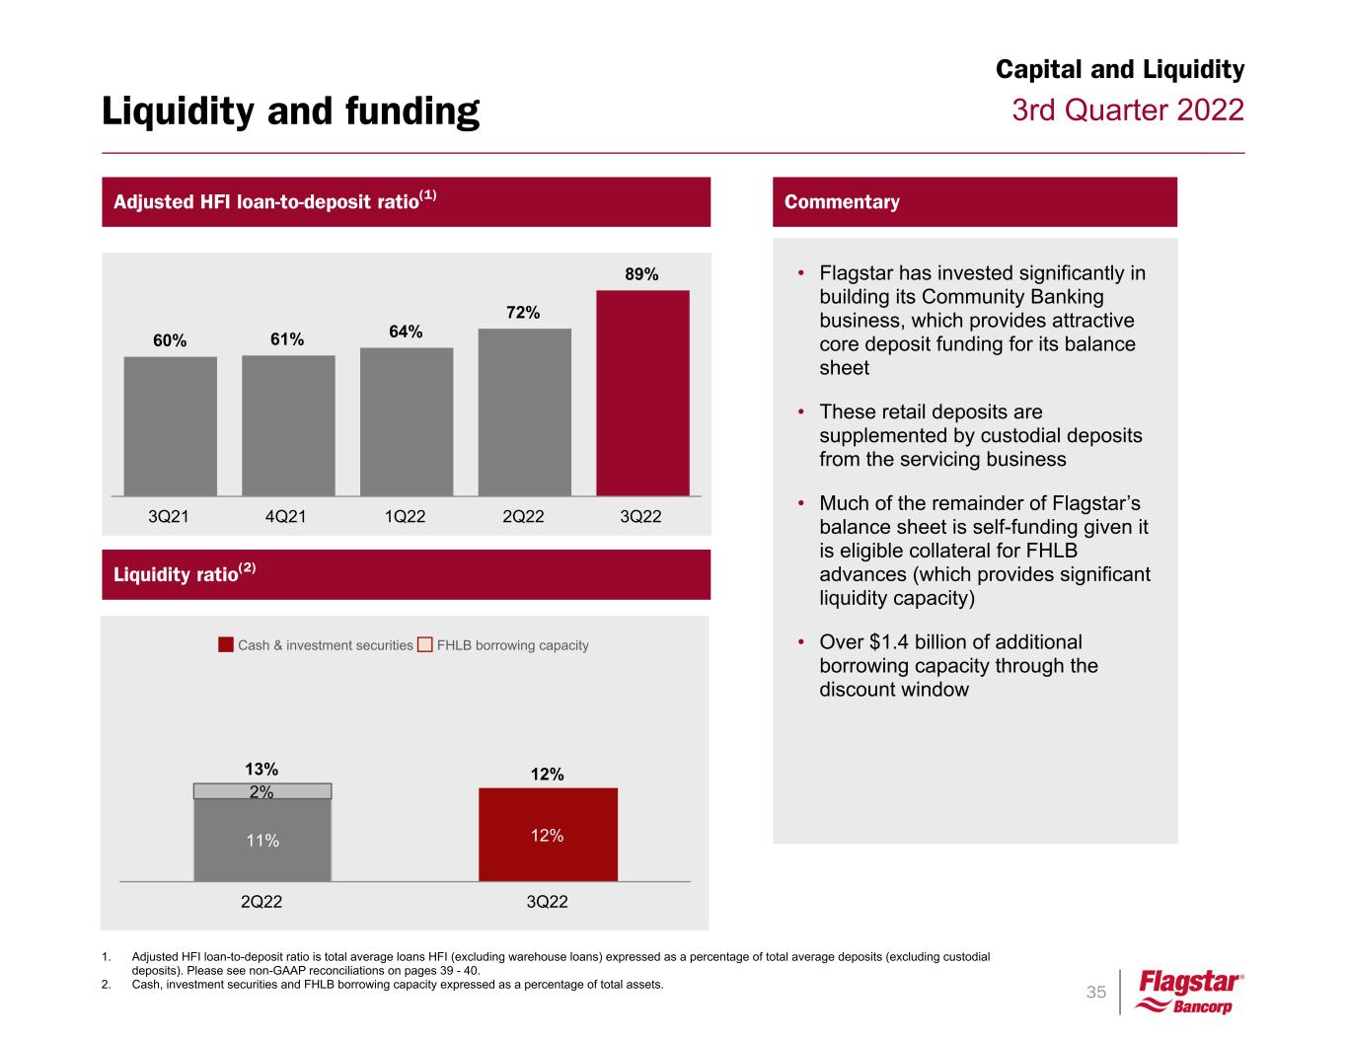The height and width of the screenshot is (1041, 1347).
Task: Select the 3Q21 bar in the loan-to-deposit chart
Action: coord(170,425)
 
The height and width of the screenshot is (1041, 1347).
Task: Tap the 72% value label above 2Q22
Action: coord(523,313)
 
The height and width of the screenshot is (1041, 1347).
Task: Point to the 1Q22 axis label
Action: coord(405,516)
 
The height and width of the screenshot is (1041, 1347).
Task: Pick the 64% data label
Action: coord(406,333)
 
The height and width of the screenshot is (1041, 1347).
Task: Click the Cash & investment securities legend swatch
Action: coord(226,645)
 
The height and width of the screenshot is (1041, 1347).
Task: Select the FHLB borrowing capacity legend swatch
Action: coord(424,645)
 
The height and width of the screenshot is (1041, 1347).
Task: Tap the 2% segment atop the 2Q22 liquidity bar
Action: coord(262,791)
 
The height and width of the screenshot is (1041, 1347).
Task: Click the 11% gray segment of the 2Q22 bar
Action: coord(262,841)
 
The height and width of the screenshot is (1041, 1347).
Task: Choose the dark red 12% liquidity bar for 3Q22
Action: coord(548,835)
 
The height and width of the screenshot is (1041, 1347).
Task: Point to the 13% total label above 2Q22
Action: coord(262,769)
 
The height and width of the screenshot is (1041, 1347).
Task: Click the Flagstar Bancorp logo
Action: coord(1190,992)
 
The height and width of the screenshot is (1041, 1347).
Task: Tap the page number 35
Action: coord(1096,992)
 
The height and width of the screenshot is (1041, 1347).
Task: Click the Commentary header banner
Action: coord(974,202)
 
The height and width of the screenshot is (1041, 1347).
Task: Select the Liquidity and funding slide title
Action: coord(290,112)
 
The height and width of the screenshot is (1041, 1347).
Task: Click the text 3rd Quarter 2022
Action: coord(1128,110)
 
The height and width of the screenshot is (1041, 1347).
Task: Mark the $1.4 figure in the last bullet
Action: coord(890,641)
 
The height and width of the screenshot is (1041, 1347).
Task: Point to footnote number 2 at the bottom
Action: coord(106,984)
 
